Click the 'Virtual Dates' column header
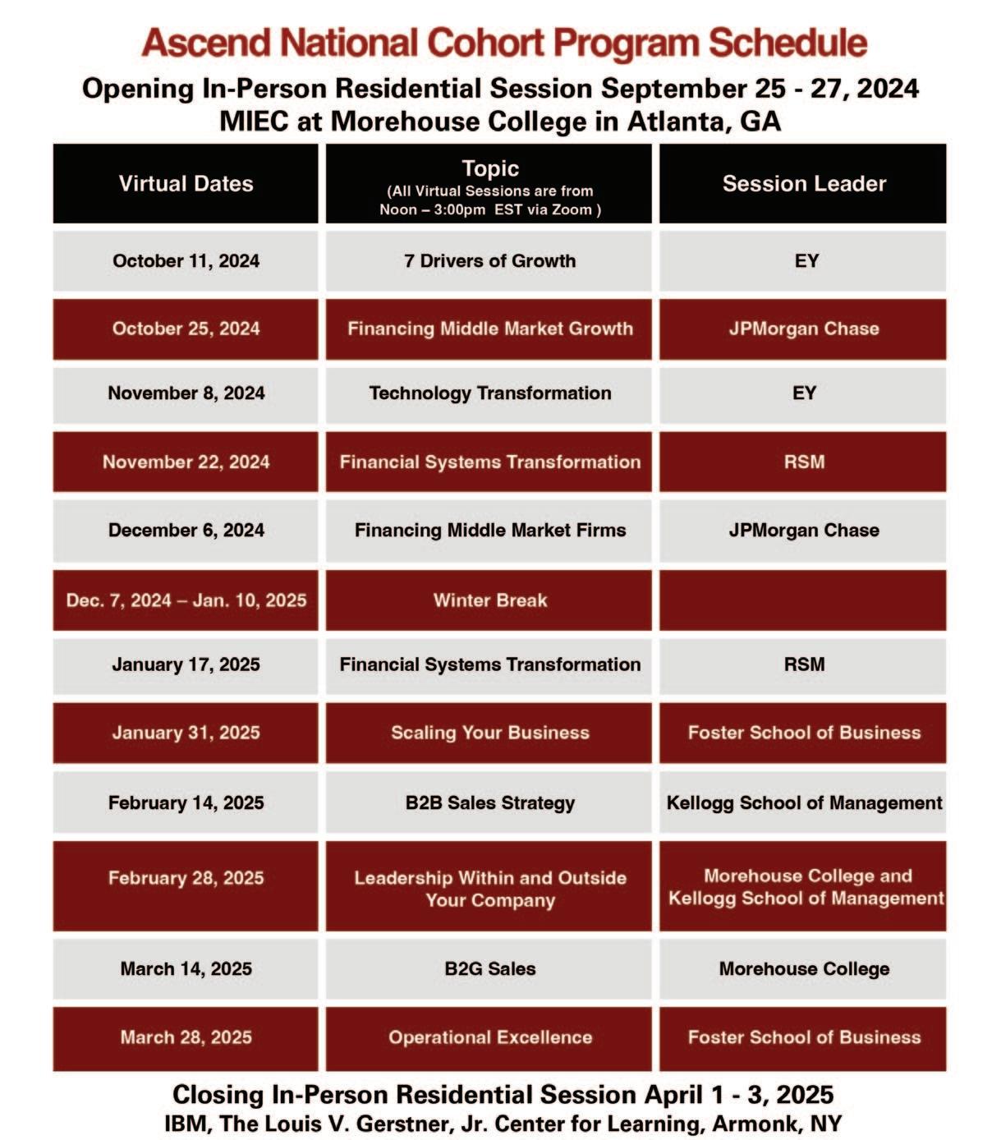pos(186,183)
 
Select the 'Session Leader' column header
pos(803,183)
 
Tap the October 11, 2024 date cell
pos(186,261)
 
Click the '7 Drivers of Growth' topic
pos(489,261)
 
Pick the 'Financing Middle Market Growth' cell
pos(489,329)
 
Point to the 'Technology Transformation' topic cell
pos(489,393)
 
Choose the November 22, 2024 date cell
pos(186,462)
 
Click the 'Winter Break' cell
pos(489,600)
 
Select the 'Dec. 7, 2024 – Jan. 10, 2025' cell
pos(186,600)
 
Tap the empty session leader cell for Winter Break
pos(803,600)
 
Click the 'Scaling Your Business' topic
pos(489,733)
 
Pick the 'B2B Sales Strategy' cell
pos(489,802)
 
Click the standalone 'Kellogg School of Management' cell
pos(803,802)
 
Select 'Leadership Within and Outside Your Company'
pos(489,889)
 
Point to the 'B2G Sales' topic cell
pos(489,969)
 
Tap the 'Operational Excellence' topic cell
pos(489,1037)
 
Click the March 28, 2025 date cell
pos(186,1037)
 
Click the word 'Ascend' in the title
pos(205,43)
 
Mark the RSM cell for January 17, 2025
pos(803,664)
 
